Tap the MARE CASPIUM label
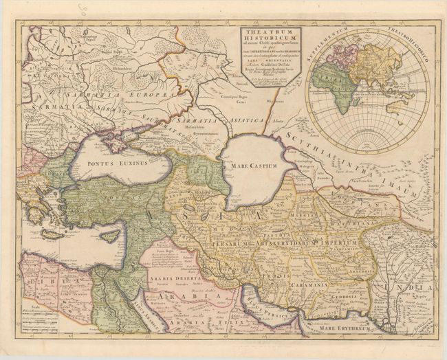(253, 166)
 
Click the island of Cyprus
(109, 236)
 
